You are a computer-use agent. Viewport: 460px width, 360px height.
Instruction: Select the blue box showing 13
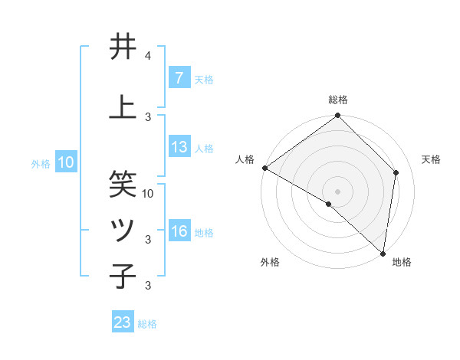click(x=179, y=148)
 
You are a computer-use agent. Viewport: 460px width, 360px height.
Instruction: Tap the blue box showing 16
click(x=179, y=232)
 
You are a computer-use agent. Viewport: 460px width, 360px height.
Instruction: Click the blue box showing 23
click(x=123, y=322)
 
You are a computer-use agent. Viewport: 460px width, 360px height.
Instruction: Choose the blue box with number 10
click(x=65, y=162)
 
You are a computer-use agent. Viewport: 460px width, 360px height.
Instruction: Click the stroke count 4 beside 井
click(x=148, y=56)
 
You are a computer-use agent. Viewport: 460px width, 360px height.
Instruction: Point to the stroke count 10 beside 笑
click(x=149, y=193)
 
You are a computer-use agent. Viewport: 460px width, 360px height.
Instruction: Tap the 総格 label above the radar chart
click(x=338, y=100)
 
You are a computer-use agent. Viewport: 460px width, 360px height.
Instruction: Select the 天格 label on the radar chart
click(x=432, y=159)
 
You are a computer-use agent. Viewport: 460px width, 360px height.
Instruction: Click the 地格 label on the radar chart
click(x=402, y=263)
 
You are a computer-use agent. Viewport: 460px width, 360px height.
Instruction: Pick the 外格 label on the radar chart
click(x=270, y=263)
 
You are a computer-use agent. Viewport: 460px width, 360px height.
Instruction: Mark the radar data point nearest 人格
click(x=264, y=168)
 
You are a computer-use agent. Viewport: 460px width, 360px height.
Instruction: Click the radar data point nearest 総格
click(x=338, y=116)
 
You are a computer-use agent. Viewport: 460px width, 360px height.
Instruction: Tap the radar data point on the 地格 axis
click(x=383, y=253)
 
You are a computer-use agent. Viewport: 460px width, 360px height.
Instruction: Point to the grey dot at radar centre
click(x=338, y=191)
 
